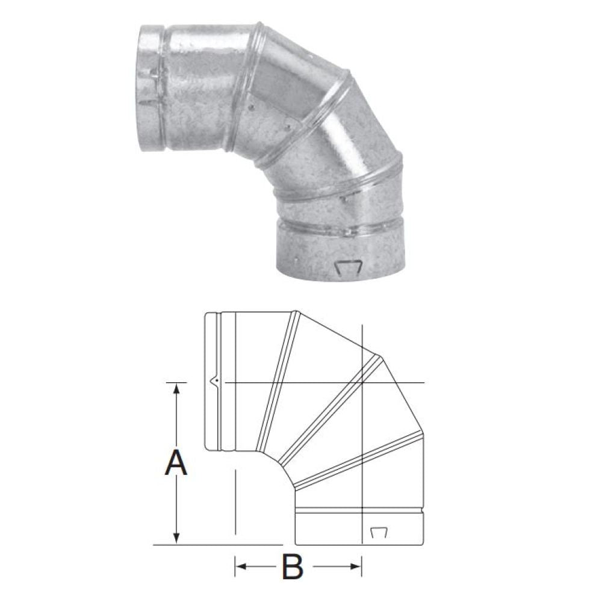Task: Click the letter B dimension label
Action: click(292, 566)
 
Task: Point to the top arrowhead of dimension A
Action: click(176, 389)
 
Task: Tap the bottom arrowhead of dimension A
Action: click(176, 537)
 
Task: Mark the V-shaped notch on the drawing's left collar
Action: click(216, 382)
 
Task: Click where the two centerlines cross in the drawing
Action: click(363, 383)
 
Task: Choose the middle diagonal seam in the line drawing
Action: click(330, 409)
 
